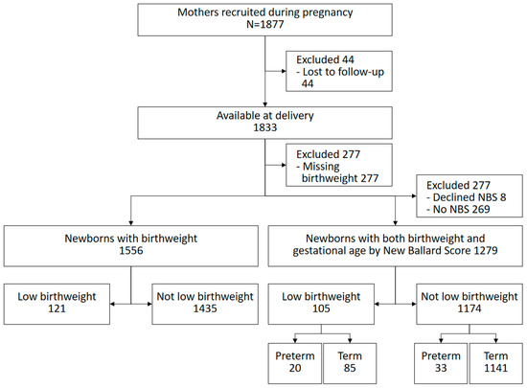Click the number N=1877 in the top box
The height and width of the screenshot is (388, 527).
click(x=264, y=25)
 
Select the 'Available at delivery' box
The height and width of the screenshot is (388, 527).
click(x=264, y=123)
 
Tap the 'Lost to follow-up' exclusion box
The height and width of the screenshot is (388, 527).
click(x=339, y=71)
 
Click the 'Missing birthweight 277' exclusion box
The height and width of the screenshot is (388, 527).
click(x=339, y=165)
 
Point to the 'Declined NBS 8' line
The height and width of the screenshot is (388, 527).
click(x=467, y=197)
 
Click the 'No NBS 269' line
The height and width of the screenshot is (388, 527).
click(x=458, y=209)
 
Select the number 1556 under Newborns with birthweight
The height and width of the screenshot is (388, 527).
click(x=131, y=251)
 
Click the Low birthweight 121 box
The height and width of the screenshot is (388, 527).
click(x=57, y=304)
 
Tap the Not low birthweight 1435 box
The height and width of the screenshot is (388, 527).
click(x=205, y=304)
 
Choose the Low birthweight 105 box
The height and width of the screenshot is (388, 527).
click(x=321, y=304)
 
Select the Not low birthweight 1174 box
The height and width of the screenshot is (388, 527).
click(x=470, y=304)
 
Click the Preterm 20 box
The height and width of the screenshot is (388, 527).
click(x=295, y=363)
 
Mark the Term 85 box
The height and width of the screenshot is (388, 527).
click(x=350, y=363)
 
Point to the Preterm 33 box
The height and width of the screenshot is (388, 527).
click(x=441, y=363)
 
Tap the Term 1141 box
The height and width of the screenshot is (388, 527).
click(x=496, y=363)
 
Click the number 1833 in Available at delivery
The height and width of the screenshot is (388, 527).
click(x=264, y=127)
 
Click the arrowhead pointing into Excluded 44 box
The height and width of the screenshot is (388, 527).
click(x=284, y=71)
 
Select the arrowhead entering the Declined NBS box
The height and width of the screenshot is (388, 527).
click(x=414, y=195)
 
